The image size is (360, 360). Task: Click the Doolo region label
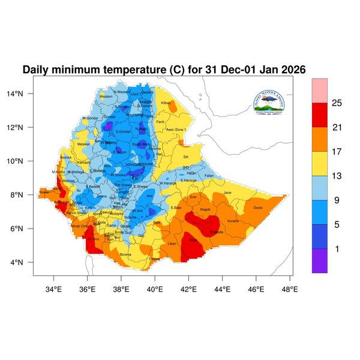pyautogui.click(x=258, y=208)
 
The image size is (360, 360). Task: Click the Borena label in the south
pyautogui.click(x=125, y=254)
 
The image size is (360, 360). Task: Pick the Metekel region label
pyautogui.click(x=83, y=144)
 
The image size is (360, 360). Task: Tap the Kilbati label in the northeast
pyautogui.click(x=166, y=103)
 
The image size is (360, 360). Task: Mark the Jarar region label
pyautogui.click(x=227, y=193)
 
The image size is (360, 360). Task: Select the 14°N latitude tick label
pyautogui.click(x=23, y=94)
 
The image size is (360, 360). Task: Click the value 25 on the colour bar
pyautogui.click(x=337, y=103)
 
